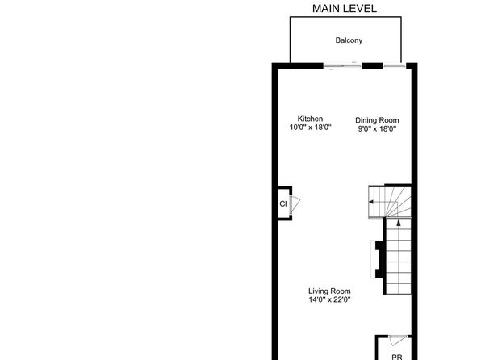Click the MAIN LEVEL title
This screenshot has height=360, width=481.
pyautogui.click(x=344, y=9)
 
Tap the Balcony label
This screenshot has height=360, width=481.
pyautogui.click(x=349, y=40)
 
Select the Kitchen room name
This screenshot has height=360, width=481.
pyautogui.click(x=310, y=119)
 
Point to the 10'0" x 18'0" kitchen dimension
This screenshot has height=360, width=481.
pyautogui.click(x=310, y=127)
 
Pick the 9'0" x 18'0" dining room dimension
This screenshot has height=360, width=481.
pyautogui.click(x=377, y=128)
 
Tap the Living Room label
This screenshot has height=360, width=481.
pyautogui.click(x=329, y=291)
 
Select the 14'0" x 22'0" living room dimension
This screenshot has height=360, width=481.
pyautogui.click(x=329, y=299)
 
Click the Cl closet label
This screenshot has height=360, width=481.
pyautogui.click(x=283, y=203)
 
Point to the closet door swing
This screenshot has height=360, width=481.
pyautogui.click(x=295, y=204)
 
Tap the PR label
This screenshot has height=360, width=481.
pyautogui.click(x=396, y=357)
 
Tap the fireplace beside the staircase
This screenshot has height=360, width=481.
pyautogui.click(x=376, y=259)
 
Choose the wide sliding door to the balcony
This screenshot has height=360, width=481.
pyautogui.click(x=343, y=65)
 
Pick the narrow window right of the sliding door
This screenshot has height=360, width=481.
pyautogui.click(x=394, y=65)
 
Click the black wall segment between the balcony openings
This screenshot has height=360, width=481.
pyautogui.click(x=372, y=65)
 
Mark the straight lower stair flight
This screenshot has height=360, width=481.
pyautogui.click(x=399, y=256)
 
